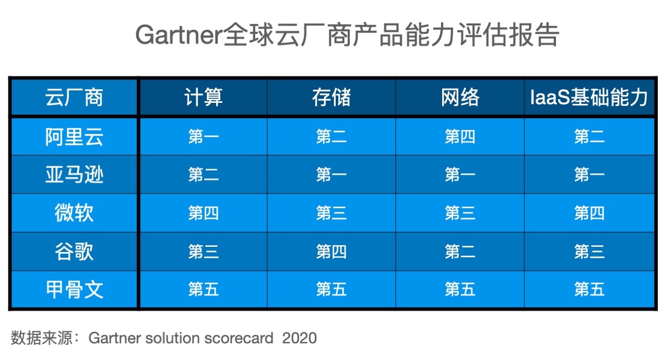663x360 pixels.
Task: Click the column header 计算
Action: [204, 97]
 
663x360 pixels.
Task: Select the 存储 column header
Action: [331, 97]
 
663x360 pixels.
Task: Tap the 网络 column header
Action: [460, 97]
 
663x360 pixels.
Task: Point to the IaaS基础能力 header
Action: [589, 97]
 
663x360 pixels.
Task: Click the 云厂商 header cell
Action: [74, 97]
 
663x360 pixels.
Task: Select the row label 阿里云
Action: [74, 137]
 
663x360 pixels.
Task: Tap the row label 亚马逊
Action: [74, 175]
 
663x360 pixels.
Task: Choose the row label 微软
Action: [74, 213]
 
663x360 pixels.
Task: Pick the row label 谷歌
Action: [74, 251]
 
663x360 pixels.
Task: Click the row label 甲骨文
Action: [74, 289]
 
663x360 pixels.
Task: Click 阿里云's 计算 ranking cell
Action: [204, 137]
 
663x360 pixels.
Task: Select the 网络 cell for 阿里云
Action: [460, 137]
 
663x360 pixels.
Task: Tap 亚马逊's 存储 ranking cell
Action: [331, 175]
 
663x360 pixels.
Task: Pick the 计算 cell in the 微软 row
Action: [204, 213]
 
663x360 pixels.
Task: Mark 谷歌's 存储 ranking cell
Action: [331, 251]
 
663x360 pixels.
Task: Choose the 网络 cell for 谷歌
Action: [460, 251]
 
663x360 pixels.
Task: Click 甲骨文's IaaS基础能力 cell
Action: [589, 289]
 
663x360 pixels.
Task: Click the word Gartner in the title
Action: [179, 35]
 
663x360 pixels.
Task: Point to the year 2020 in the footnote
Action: [299, 338]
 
